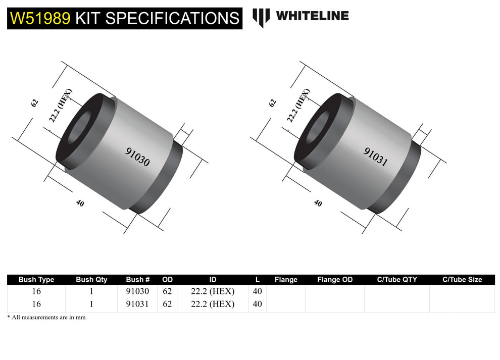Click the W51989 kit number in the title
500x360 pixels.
[x=40, y=18]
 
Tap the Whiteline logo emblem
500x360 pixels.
[x=261, y=17]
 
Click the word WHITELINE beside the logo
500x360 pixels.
[x=312, y=16]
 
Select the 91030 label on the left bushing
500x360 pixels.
[x=137, y=157]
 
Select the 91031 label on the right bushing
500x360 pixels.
[x=376, y=157]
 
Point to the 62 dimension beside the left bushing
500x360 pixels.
[x=34, y=103]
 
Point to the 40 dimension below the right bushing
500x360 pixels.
[x=318, y=203]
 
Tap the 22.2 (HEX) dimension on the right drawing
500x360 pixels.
[x=298, y=106]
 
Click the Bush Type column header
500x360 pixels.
[x=36, y=279]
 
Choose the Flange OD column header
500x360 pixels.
[x=335, y=279]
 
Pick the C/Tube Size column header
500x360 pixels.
[x=462, y=279]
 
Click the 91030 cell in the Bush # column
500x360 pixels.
[x=137, y=291]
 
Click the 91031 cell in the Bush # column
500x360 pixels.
[x=137, y=304]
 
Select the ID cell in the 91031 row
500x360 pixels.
[x=213, y=304]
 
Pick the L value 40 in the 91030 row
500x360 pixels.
[x=257, y=291]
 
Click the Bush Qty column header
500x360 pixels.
[x=91, y=279]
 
